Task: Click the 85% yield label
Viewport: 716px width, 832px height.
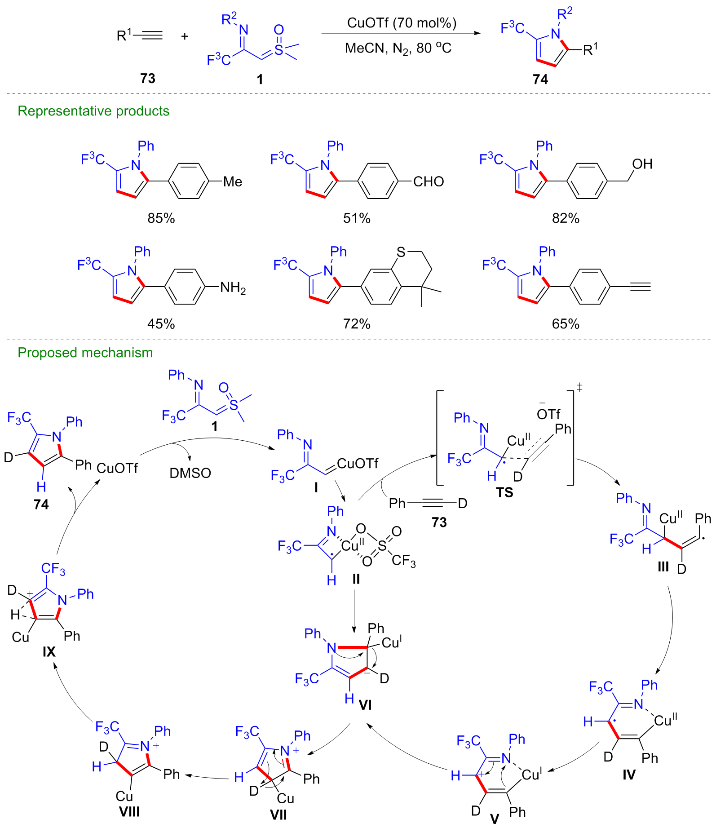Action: (161, 218)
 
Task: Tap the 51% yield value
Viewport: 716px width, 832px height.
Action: (357, 218)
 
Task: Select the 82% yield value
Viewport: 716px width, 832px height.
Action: (566, 218)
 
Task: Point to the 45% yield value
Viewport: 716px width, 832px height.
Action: (161, 324)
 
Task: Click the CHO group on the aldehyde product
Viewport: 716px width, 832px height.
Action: (428, 181)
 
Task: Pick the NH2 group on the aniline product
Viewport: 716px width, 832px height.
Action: (233, 288)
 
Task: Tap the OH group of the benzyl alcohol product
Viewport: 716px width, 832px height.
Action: (642, 164)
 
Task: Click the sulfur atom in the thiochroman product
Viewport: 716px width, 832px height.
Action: (401, 252)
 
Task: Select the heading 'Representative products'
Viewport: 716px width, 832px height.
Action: (93, 111)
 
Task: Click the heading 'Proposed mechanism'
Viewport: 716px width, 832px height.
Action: (85, 353)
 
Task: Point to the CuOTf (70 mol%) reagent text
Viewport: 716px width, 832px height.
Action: (402, 23)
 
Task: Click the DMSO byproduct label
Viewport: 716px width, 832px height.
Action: (190, 473)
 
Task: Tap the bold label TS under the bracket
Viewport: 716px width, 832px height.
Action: (504, 493)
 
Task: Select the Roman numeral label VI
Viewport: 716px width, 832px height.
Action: (365, 705)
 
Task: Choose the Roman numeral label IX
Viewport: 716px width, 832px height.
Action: (49, 651)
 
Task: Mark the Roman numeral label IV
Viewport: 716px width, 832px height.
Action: (628, 774)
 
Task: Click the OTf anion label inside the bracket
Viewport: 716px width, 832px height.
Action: (548, 414)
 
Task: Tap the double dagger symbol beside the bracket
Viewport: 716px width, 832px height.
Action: (579, 387)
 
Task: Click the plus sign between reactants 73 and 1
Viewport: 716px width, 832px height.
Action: (185, 36)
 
